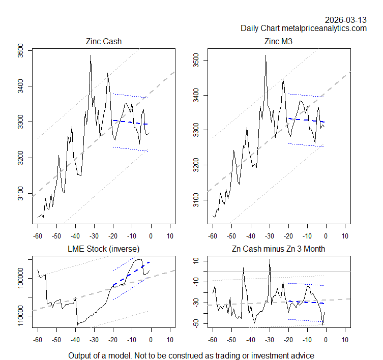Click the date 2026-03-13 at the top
pyautogui.click(x=346, y=20)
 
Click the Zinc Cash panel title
pyautogui.click(x=104, y=42)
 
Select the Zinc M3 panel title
pyautogui.click(x=279, y=42)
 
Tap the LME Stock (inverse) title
pyautogui.click(x=104, y=249)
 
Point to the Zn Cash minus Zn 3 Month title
pyautogui.click(x=279, y=249)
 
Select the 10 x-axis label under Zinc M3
pyautogui.click(x=345, y=236)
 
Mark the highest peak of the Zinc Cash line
pyautogui.click(x=91, y=55)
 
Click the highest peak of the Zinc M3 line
pyautogui.click(x=266, y=55)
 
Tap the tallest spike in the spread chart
pyautogui.click(x=270, y=259)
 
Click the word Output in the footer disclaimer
pyautogui.click(x=81, y=355)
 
